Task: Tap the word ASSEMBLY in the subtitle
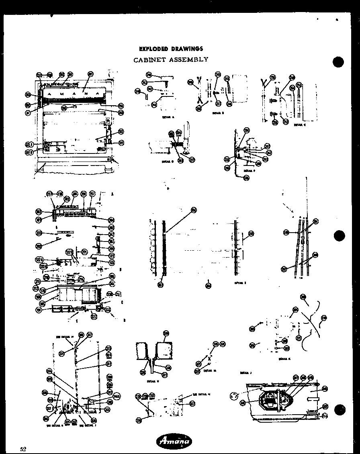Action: pyautogui.click(x=190, y=59)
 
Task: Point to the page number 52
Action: pyautogui.click(x=23, y=449)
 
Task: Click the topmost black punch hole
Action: pyautogui.click(x=339, y=62)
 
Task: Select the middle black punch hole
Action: pyautogui.click(x=339, y=235)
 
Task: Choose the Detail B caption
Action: pyautogui.click(x=218, y=113)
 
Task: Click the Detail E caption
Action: pyautogui.click(x=240, y=283)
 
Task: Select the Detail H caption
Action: pyautogui.click(x=152, y=381)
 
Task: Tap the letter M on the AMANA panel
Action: pyautogui.click(x=61, y=95)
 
